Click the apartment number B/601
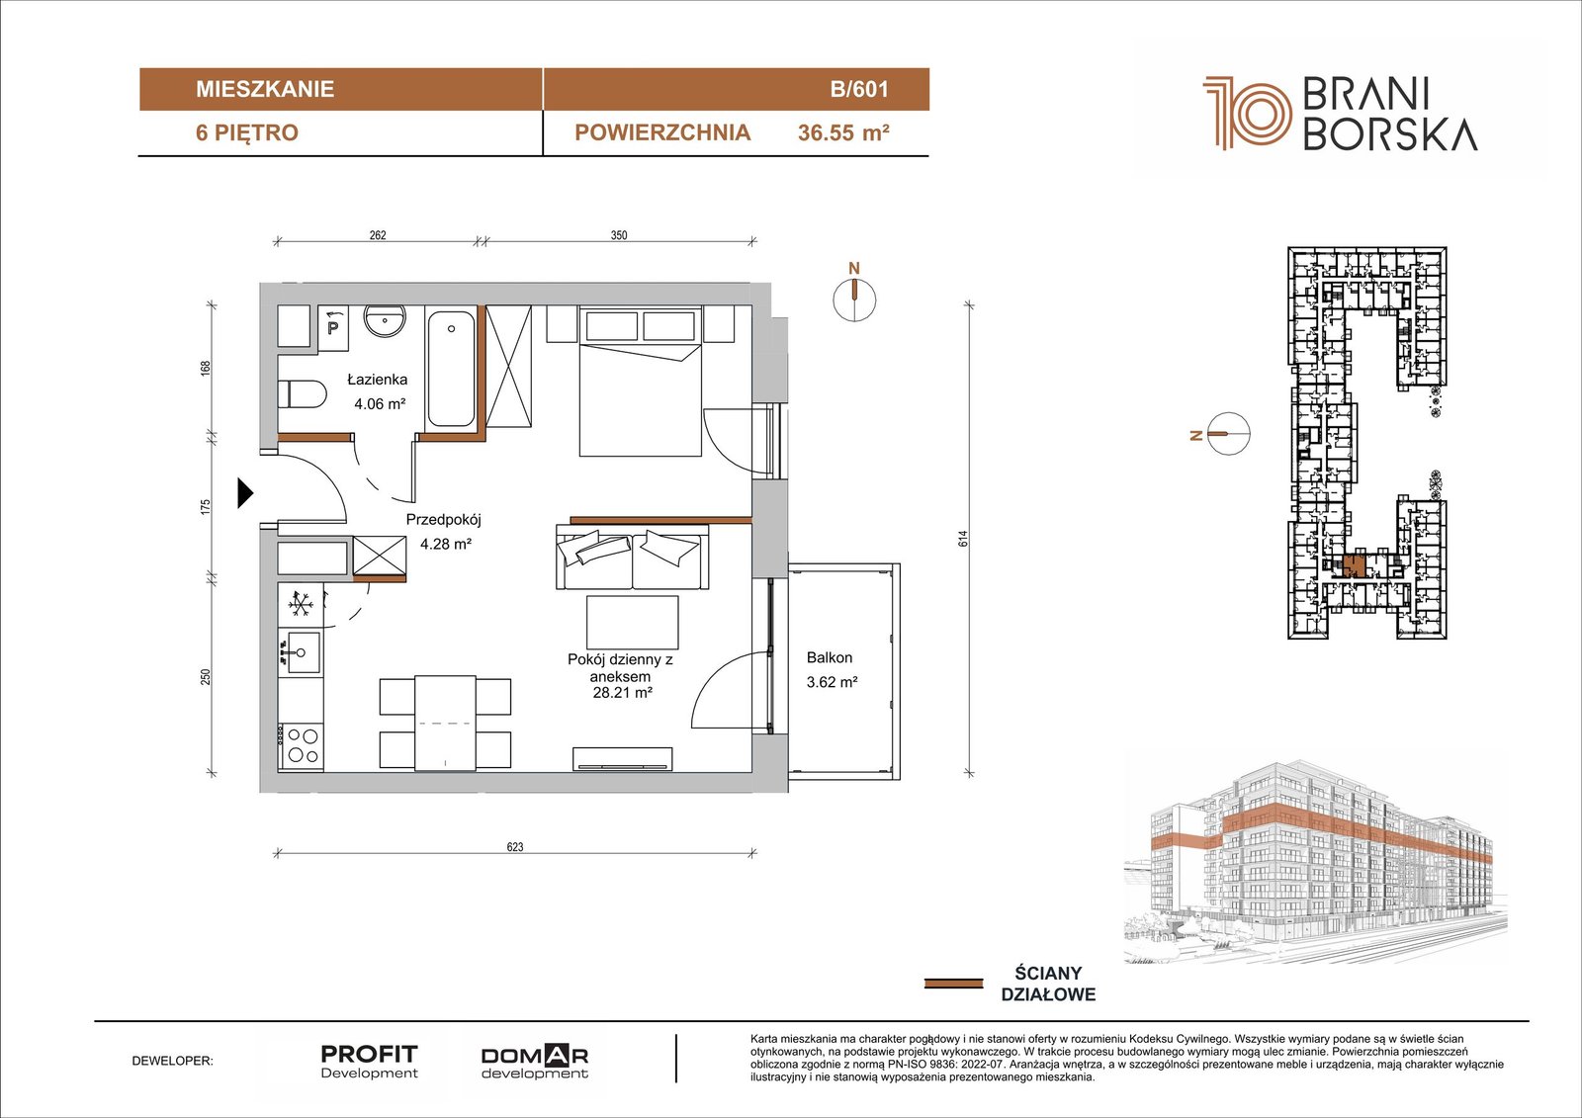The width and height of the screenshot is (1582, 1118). tap(859, 89)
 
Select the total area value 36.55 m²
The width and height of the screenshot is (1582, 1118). tap(843, 132)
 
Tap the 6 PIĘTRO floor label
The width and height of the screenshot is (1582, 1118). tap(247, 132)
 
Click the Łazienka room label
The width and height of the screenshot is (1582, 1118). tap(377, 380)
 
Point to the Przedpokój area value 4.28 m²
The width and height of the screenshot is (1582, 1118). tap(446, 544)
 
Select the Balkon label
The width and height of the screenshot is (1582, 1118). tap(830, 657)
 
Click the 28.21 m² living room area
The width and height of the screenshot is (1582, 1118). tap(622, 693)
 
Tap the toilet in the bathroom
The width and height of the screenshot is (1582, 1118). tap(303, 394)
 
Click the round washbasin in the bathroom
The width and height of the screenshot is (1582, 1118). tap(385, 321)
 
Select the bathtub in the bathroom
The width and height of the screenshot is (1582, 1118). tap(451, 369)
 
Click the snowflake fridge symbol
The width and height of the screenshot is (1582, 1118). tap(301, 605)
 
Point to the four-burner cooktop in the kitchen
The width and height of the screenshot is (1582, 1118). tap(302, 745)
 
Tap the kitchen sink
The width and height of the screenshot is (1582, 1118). tap(300, 652)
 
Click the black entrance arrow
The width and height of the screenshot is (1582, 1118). tap(244, 493)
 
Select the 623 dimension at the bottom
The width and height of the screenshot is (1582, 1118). tap(515, 847)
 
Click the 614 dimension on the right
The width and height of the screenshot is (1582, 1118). tap(963, 538)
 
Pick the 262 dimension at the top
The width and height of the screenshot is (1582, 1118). tap(378, 235)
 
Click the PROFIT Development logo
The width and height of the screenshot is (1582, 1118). tap(369, 1062)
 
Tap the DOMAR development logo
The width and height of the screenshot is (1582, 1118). tap(535, 1063)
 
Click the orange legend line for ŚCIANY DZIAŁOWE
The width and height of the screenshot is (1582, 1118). tap(953, 984)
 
